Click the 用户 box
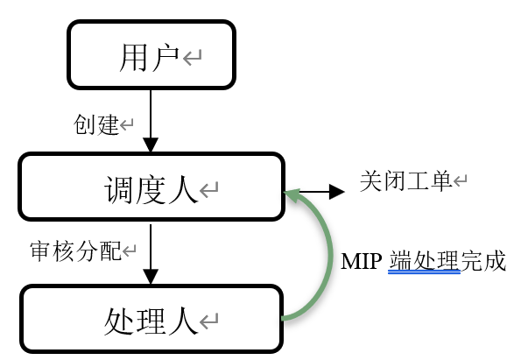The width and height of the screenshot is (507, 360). pos(151,54)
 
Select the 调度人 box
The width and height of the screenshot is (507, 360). pos(151,187)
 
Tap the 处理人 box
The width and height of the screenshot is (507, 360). pos(151,319)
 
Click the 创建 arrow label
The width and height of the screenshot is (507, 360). pos(96,124)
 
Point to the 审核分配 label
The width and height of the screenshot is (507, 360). pos(75,251)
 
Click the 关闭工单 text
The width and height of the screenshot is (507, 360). pos(405,180)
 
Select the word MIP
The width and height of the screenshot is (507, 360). pos(361,261)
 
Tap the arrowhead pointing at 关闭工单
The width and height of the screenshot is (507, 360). pos(336,192)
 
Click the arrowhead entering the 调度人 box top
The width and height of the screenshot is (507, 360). pos(151,145)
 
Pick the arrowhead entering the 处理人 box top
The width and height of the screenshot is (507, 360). pos(151,277)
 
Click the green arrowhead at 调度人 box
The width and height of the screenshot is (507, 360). pos(292,195)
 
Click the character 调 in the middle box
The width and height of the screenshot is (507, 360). pos(118,189)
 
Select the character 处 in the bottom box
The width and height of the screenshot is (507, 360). pos(118,321)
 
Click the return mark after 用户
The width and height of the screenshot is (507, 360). pos(192,57)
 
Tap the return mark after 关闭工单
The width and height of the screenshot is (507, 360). pos(460,180)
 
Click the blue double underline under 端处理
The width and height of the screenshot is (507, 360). pos(424,272)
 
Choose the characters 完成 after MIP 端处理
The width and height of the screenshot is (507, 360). pos(483,261)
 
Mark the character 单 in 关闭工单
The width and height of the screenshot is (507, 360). pos(440,180)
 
